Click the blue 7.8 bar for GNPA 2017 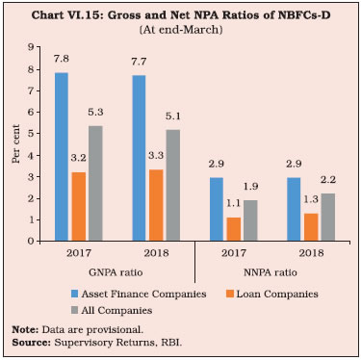(x=62, y=157)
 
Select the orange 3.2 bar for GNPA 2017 (x=79, y=206)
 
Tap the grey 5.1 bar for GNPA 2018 (x=173, y=185)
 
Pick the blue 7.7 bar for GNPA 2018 (x=139, y=158)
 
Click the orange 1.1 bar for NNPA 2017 (x=234, y=229)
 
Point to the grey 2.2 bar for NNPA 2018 (x=328, y=217)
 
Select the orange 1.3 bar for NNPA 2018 (x=311, y=227)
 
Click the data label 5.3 (x=95, y=113)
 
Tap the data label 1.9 (x=250, y=187)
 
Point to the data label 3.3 (x=156, y=156)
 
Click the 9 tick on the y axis (x=31, y=47)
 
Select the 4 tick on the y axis (x=31, y=155)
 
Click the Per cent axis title (x=16, y=143)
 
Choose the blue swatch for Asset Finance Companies (x=74, y=294)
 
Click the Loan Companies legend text (x=277, y=295)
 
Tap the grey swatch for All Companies (x=74, y=310)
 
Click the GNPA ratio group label (x=116, y=272)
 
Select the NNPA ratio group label (x=271, y=272)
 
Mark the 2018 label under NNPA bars (x=311, y=253)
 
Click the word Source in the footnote (x=31, y=343)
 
